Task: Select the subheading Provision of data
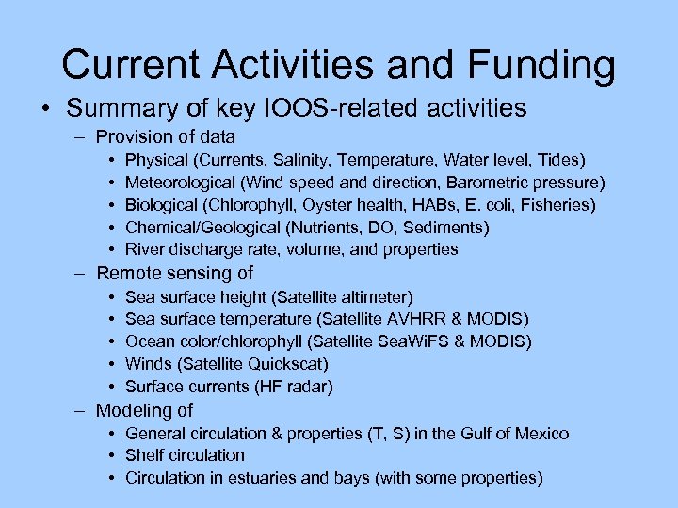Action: tap(166, 136)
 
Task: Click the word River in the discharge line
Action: tap(144, 249)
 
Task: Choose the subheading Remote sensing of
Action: tap(175, 274)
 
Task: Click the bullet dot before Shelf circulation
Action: tap(112, 455)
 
